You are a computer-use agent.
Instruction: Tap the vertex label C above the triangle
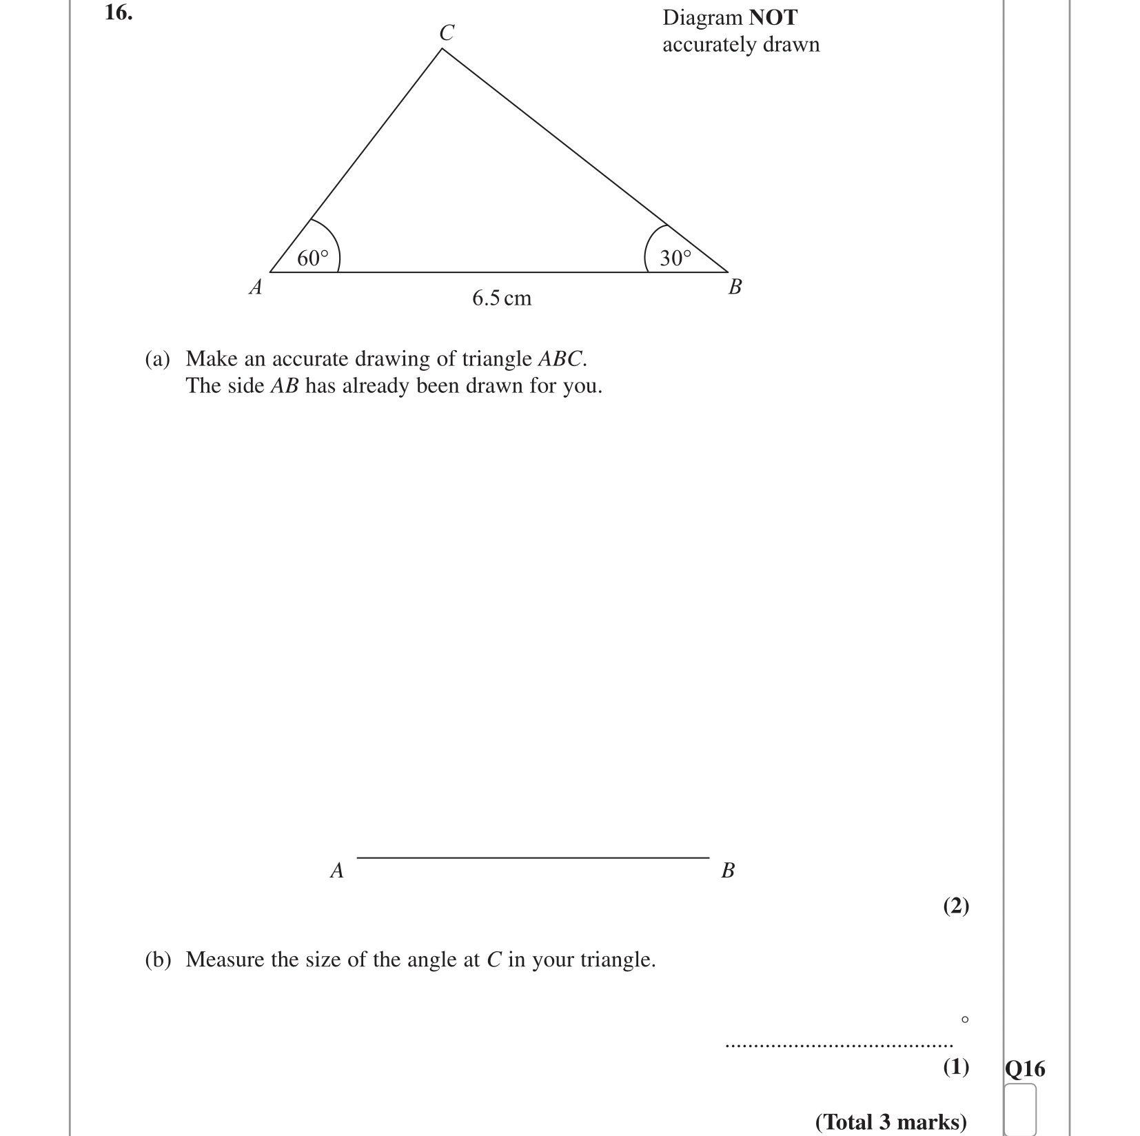[x=447, y=32]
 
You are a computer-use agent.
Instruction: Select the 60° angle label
[x=313, y=258]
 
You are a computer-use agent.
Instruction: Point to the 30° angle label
[x=675, y=258]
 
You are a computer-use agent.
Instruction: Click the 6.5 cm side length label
[x=502, y=298]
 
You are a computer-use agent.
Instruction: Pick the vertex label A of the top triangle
[x=256, y=287]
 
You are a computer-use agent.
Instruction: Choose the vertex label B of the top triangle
[x=735, y=287]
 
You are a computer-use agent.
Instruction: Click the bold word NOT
[x=773, y=18]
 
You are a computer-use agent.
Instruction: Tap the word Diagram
[x=702, y=18]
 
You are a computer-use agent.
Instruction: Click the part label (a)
[x=157, y=359]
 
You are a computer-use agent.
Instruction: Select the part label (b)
[x=157, y=960]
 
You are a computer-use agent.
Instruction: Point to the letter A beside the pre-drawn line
[x=336, y=871]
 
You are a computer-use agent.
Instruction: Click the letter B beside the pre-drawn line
[x=728, y=871]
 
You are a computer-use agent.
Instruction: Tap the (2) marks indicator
[x=956, y=906]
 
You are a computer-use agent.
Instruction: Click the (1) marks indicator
[x=956, y=1068]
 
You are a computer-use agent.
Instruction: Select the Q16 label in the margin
[x=1025, y=1069]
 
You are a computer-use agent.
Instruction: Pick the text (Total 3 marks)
[x=891, y=1122]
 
